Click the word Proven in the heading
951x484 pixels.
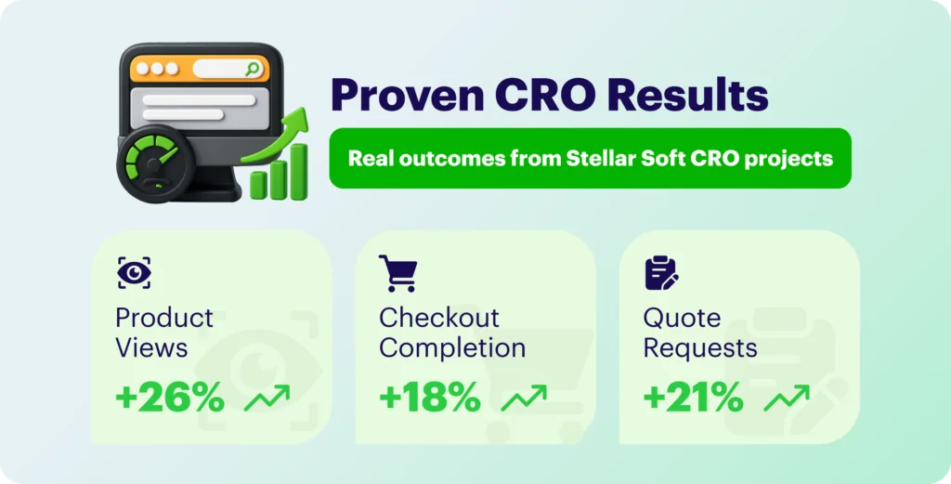tap(407, 96)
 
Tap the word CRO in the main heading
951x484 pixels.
tap(545, 96)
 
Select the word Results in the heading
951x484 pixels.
tap(688, 96)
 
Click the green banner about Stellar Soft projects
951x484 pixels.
tap(590, 158)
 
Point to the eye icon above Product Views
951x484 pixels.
tap(134, 273)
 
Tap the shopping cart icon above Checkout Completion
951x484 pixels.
tap(398, 273)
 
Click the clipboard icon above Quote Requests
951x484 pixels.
tap(661, 273)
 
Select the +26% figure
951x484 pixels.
tap(170, 399)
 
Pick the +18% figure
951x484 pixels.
tap(430, 399)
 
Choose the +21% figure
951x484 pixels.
tap(693, 399)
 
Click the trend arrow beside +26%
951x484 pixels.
tap(267, 398)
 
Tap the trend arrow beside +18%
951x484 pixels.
tap(524, 398)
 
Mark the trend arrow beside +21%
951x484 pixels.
tap(787, 398)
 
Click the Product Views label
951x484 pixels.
tap(164, 333)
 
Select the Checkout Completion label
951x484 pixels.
tap(452, 333)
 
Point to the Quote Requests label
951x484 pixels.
tap(700, 333)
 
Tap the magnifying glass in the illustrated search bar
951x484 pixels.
tap(253, 69)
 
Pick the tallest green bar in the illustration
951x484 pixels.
tap(298, 172)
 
